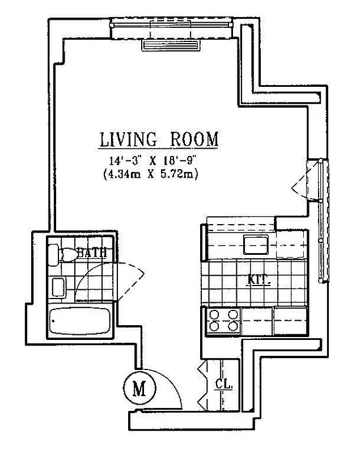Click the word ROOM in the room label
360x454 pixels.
point(194,139)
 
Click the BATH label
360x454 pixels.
point(92,254)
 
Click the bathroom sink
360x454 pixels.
point(58,287)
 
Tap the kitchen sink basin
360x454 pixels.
point(256,244)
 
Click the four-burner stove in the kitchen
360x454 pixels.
point(223,321)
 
